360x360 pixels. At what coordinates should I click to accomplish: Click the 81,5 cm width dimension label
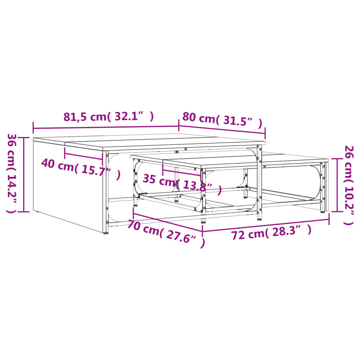click(x=108, y=117)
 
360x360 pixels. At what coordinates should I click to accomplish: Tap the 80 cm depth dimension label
click(x=222, y=120)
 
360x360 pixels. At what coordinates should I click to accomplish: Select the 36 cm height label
click(x=12, y=173)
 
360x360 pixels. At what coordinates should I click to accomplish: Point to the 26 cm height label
click(x=348, y=185)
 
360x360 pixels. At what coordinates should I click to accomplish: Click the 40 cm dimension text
click(x=81, y=168)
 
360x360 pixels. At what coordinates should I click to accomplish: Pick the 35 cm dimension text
click(x=182, y=183)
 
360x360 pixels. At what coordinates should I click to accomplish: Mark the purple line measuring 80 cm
click(x=222, y=130)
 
